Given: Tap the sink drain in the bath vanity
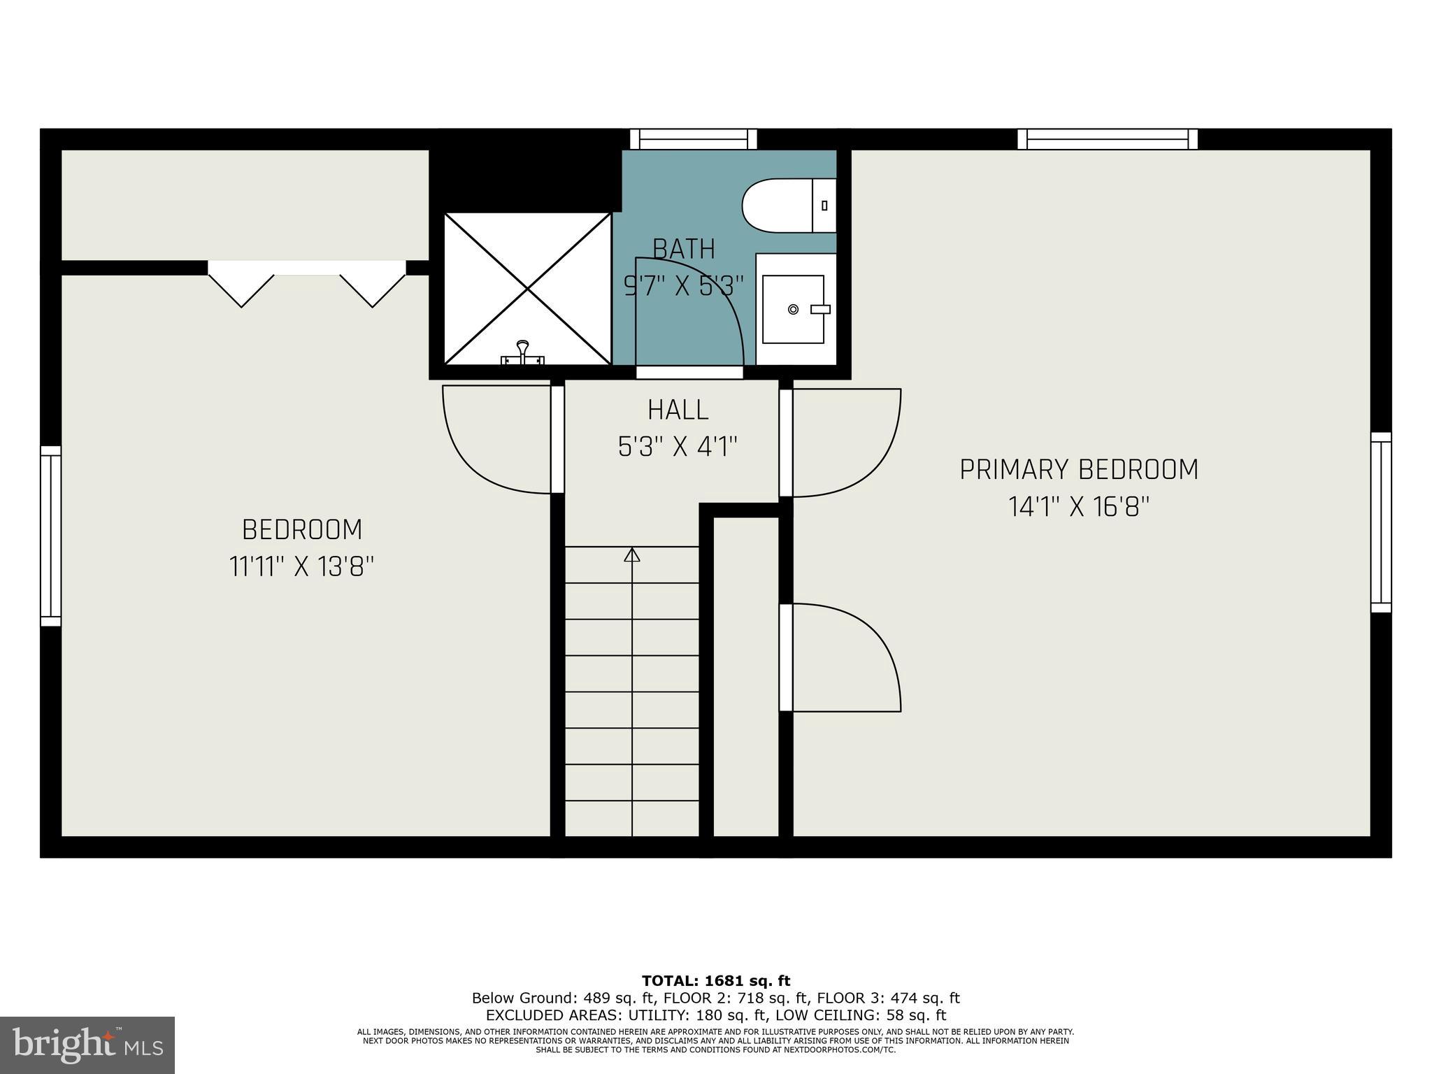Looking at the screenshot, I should [x=793, y=309].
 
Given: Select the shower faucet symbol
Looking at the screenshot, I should [x=522, y=352].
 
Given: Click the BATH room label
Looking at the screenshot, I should [x=684, y=249].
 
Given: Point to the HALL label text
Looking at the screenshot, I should [x=678, y=410].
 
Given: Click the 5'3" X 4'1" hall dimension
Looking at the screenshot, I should [x=678, y=446].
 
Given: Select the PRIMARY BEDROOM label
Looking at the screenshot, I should [x=1078, y=470].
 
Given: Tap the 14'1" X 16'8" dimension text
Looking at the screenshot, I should [x=1078, y=506].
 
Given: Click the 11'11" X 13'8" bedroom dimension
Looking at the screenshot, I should [x=301, y=566].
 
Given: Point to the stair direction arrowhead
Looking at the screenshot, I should [x=632, y=554].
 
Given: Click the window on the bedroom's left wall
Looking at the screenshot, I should [x=51, y=536].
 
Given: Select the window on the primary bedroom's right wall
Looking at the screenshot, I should [x=1380, y=522].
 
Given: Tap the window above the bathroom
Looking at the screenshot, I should [x=693, y=139].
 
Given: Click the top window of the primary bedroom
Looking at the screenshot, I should [x=1107, y=139].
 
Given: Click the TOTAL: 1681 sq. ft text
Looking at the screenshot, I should [x=715, y=981].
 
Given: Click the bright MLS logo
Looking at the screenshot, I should [x=87, y=1045].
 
